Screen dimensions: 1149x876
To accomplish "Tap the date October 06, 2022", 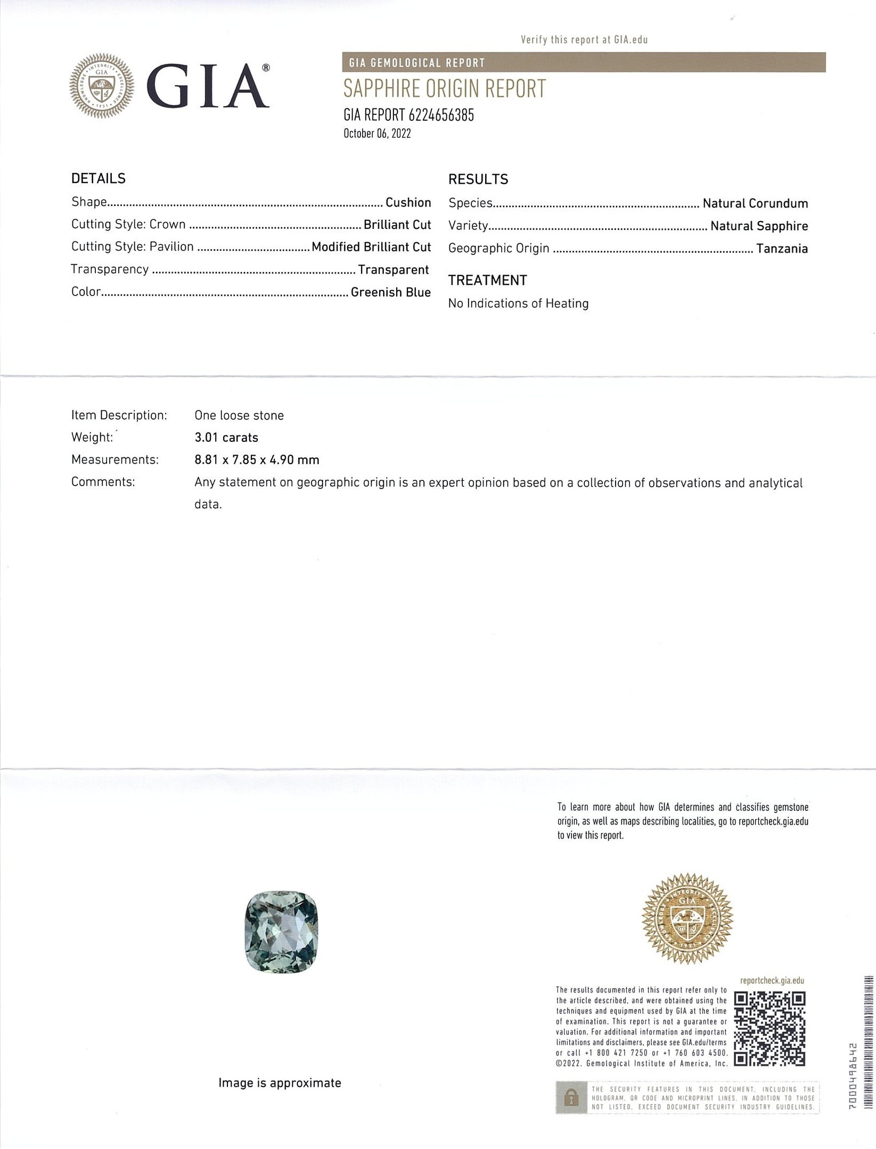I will coord(377,134).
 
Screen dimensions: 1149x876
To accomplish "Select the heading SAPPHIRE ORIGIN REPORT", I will coord(444,89).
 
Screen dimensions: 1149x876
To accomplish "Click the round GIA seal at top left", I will coord(102,86).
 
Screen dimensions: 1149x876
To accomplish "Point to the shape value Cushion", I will coord(408,203).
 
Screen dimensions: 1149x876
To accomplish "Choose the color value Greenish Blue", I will coord(390,292).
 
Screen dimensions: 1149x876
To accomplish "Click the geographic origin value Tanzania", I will coord(782,249).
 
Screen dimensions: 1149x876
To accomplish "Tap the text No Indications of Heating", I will coord(518,303).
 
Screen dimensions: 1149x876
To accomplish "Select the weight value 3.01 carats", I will coord(226,438).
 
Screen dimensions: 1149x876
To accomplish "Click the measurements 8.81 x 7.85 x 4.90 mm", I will coord(257,459).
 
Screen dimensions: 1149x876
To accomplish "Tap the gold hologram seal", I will coord(687,918).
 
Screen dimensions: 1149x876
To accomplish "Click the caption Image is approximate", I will coord(280,1083).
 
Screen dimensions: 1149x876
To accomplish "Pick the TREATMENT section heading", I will coord(487,281).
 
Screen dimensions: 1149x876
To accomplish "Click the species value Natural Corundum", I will coord(755,203).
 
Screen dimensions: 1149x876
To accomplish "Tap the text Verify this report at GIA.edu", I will coord(584,39).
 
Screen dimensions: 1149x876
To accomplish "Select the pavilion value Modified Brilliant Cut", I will coord(371,247).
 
